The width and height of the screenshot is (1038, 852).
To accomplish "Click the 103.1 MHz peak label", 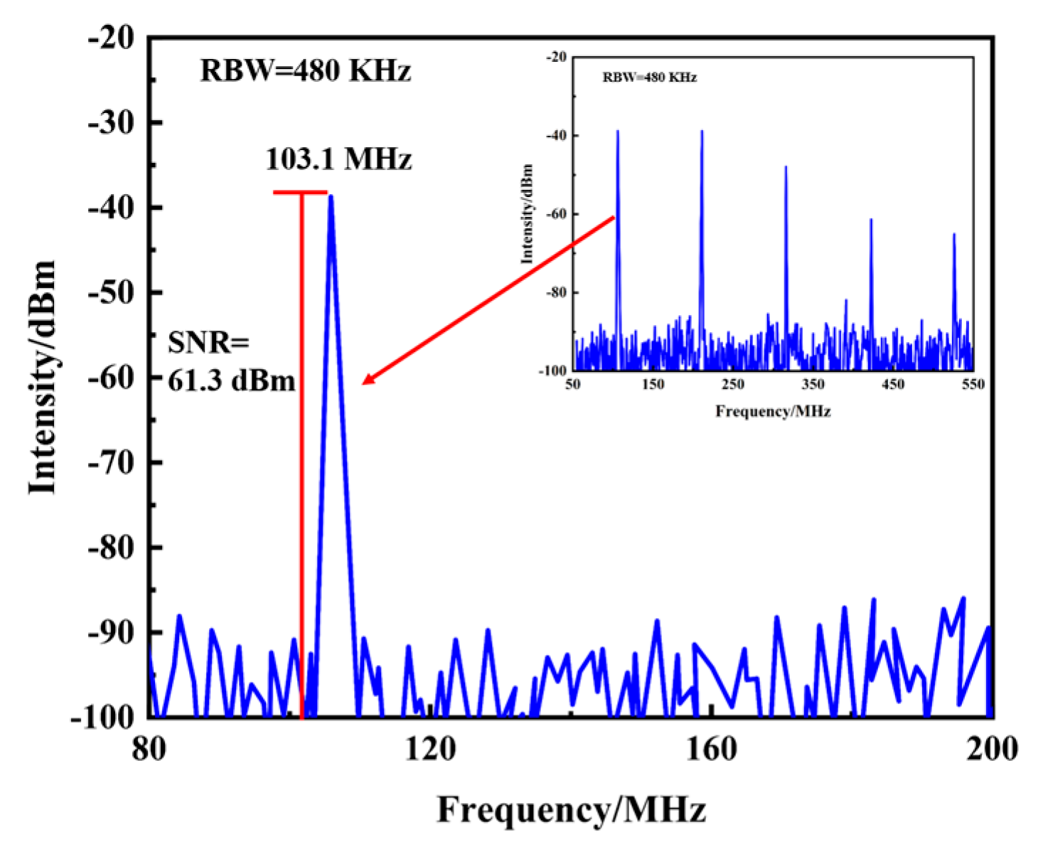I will coord(338,159).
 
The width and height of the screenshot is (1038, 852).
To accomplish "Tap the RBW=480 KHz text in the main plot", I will coord(306,71).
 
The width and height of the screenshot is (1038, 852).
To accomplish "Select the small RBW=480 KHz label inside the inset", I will coord(649,78).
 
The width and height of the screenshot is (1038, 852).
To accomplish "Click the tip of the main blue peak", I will coord(331,197).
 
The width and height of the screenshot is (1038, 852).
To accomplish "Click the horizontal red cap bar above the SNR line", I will coord(300,192).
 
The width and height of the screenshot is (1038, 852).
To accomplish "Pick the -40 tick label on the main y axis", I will coord(110,208).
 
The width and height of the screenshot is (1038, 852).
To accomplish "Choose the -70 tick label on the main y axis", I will coord(110,463).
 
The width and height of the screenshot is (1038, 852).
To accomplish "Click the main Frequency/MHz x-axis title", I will coord(571,810).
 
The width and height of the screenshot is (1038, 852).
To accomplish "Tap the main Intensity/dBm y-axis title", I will coord(43,377).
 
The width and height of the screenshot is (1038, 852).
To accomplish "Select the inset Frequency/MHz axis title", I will coord(773,411).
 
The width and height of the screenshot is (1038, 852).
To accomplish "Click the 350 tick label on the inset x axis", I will coord(813,385).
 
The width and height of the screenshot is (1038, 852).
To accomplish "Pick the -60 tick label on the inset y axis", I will coord(557,214).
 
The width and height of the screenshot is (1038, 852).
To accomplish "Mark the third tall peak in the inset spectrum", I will coord(786,168).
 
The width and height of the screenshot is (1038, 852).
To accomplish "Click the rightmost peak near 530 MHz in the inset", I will coord(954,235).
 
